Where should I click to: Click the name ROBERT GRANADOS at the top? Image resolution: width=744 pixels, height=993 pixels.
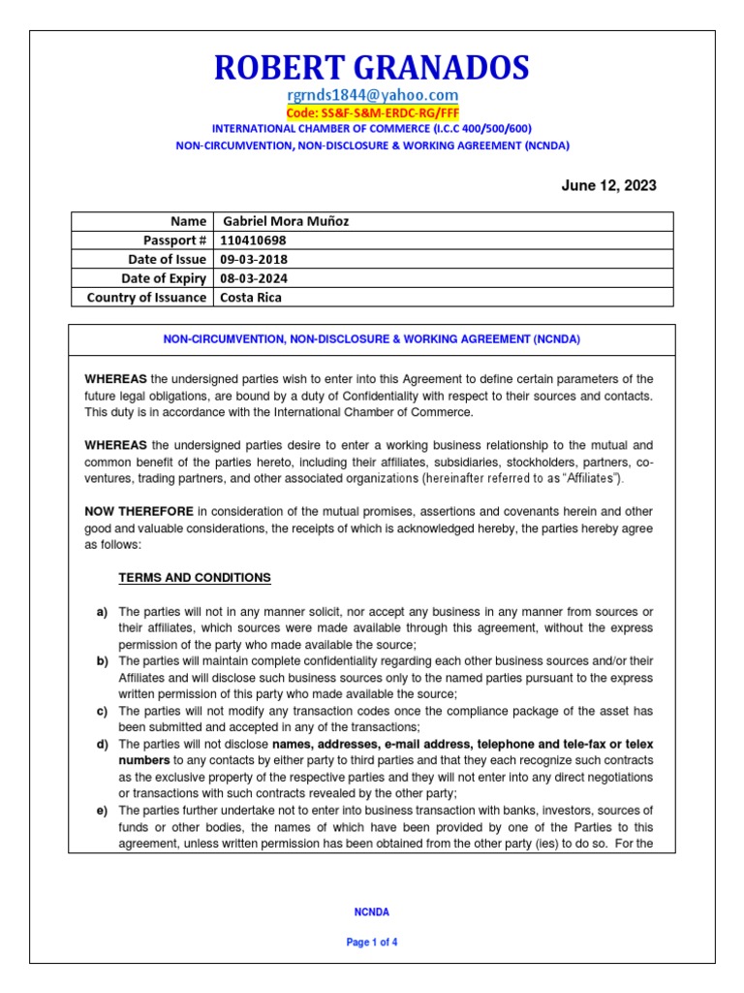[x=371, y=67]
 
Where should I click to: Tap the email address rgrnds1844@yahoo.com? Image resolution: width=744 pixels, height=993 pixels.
[x=371, y=94]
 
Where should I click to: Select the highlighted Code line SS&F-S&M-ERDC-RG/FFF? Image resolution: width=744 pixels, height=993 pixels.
[x=371, y=112]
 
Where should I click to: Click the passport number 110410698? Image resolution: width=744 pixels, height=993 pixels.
[x=255, y=240]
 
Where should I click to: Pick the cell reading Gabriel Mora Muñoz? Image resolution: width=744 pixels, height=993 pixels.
[x=287, y=221]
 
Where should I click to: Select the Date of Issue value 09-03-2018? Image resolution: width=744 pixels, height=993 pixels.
[x=254, y=259]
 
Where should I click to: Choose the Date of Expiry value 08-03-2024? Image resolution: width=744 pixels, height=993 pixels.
[x=254, y=278]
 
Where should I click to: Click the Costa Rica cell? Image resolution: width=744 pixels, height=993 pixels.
[x=251, y=298]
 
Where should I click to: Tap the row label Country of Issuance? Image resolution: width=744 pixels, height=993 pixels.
[x=146, y=298]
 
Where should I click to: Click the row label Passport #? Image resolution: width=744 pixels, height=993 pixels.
[x=174, y=240]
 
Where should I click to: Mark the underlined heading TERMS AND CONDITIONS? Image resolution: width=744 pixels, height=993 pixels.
[x=195, y=578]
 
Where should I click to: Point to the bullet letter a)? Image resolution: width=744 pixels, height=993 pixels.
[x=102, y=612]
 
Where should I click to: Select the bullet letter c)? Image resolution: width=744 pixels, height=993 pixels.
[x=102, y=711]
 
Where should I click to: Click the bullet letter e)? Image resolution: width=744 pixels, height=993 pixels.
[x=102, y=810]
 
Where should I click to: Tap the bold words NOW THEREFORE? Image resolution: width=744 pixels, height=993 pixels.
[x=139, y=511]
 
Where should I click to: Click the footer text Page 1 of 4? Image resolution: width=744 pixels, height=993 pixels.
[x=371, y=942]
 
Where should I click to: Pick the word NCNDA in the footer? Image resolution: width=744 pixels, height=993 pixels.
[x=371, y=912]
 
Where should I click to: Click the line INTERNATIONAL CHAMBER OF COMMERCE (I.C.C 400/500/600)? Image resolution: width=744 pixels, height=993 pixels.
[x=371, y=129]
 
